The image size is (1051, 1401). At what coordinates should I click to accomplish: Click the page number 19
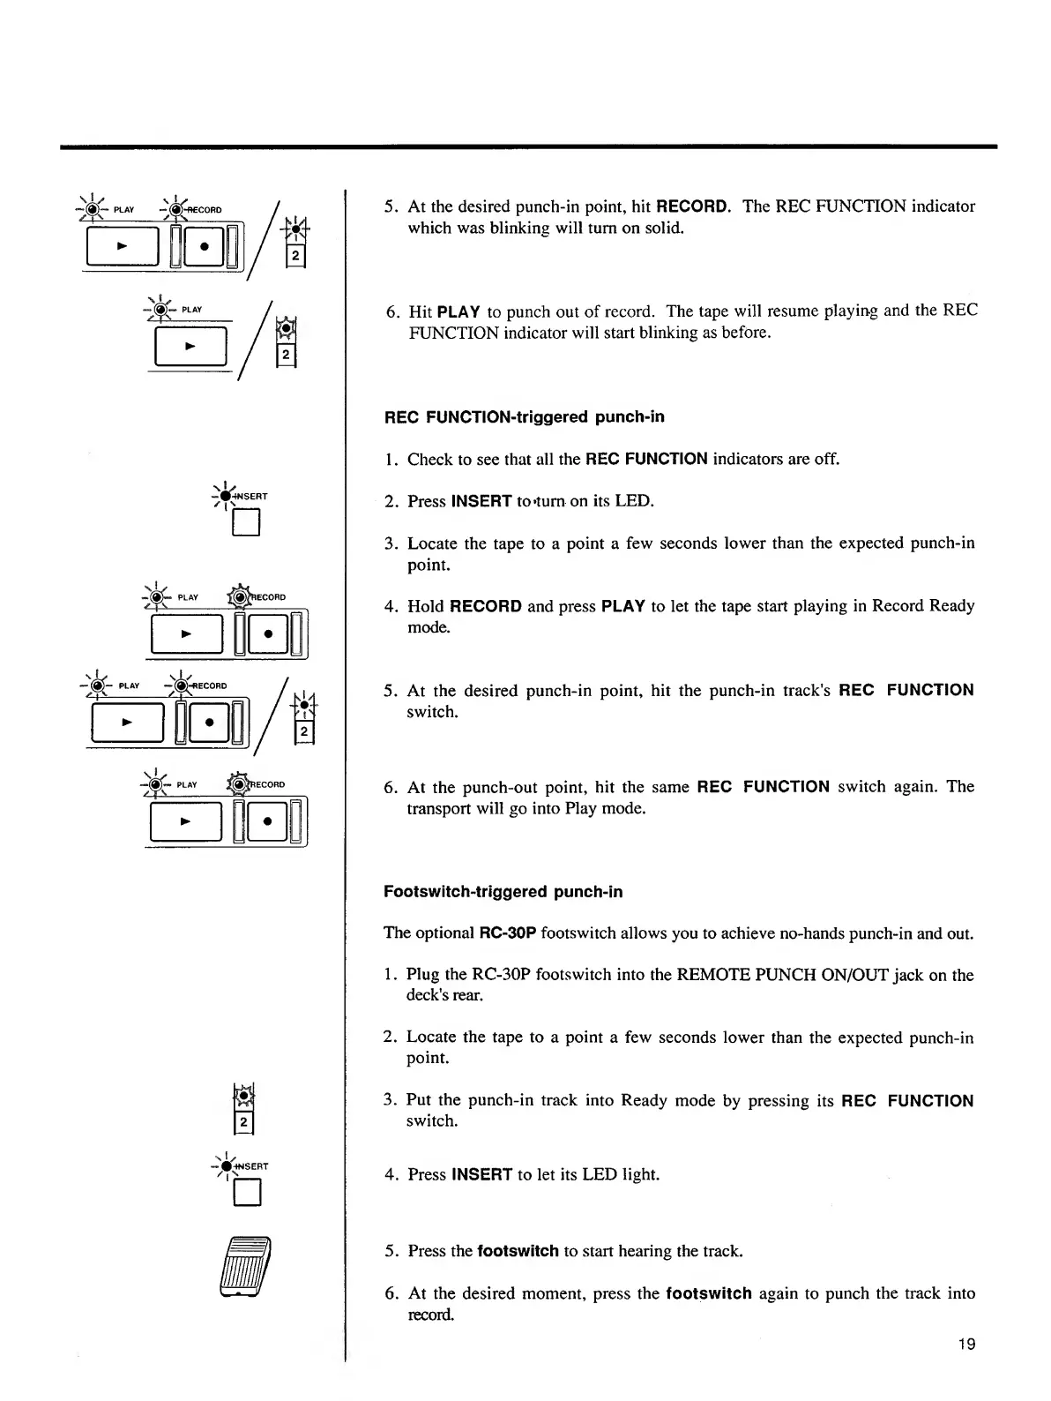(966, 1345)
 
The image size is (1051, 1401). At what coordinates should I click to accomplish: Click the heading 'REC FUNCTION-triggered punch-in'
(524, 416)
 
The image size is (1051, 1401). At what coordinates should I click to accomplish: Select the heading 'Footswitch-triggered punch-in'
(503, 892)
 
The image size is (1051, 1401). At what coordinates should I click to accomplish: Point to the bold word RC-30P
(507, 933)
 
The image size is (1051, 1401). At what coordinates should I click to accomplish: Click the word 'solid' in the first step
(666, 228)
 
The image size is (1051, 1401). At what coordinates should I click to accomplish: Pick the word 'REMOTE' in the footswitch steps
(708, 975)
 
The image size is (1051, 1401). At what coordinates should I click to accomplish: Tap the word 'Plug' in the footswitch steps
(422, 975)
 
